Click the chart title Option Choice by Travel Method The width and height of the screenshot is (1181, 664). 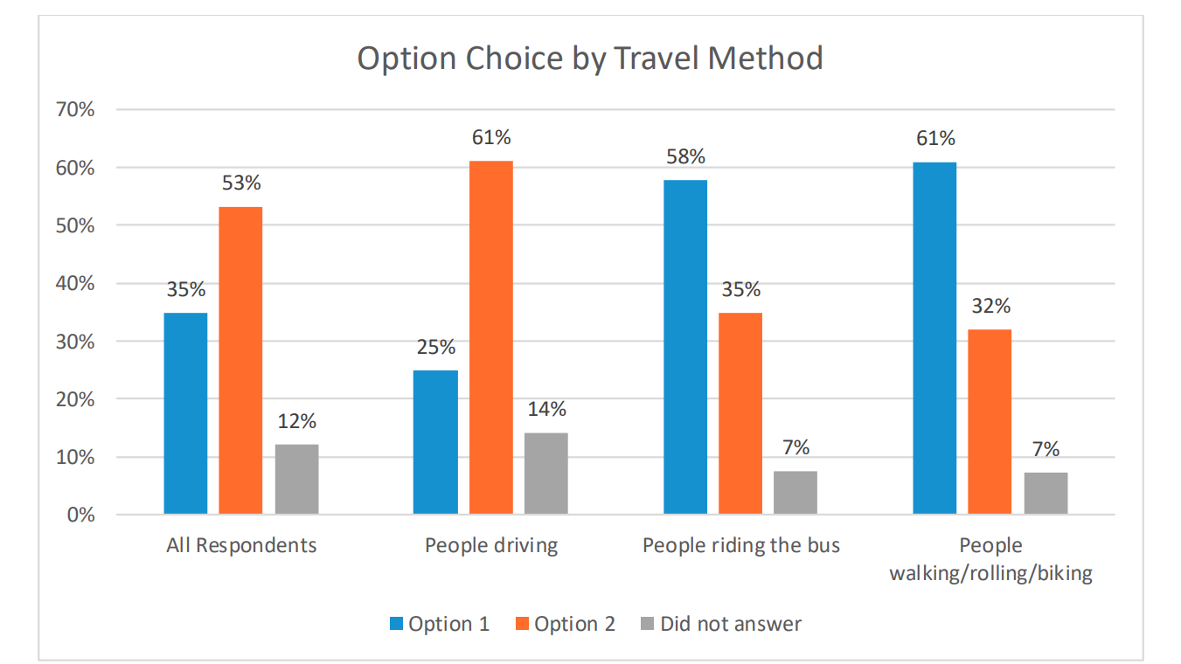click(590, 59)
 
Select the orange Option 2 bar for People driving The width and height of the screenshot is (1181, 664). click(491, 337)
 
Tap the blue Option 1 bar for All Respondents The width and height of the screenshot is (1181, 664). click(185, 412)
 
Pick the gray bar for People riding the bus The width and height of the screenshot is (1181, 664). click(795, 492)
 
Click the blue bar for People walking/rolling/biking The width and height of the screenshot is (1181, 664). click(934, 337)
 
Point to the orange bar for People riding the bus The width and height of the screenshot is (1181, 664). click(740, 412)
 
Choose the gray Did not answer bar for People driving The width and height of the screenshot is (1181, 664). click(546, 473)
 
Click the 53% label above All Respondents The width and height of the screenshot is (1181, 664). click(241, 183)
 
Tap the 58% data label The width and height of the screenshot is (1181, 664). click(685, 156)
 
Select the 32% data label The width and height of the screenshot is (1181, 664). click(990, 306)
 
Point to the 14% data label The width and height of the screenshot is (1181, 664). click(546, 409)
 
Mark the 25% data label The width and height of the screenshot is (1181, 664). click(436, 347)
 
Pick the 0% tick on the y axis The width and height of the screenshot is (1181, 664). click(80, 515)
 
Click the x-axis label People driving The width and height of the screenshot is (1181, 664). click(491, 545)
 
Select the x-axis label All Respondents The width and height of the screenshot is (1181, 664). click(241, 545)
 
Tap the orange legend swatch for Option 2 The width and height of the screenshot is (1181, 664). click(522, 624)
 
